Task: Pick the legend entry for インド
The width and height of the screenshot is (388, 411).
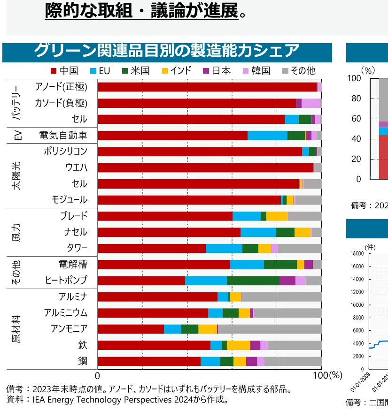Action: pyautogui.click(x=176, y=71)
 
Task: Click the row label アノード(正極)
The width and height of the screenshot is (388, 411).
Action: pyautogui.click(x=61, y=87)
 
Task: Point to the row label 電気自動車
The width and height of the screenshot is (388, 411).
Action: pyautogui.click(x=63, y=135)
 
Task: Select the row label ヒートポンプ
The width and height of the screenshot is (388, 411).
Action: pyautogui.click(x=66, y=280)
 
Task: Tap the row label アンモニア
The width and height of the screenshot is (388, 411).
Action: pyautogui.click(x=69, y=328)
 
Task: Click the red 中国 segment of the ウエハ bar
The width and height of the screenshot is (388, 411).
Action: pyautogui.click(x=205, y=167)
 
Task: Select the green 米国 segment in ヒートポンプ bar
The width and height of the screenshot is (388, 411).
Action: pyautogui.click(x=253, y=281)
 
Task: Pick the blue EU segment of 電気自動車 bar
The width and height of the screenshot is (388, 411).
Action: pyautogui.click(x=267, y=135)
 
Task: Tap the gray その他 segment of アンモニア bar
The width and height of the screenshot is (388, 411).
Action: pyautogui.click(x=270, y=329)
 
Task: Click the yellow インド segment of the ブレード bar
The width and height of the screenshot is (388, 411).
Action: pyautogui.click(x=277, y=216)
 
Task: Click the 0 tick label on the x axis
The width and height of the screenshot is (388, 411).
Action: pyautogui.click(x=98, y=375)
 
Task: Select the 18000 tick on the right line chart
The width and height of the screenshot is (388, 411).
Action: pyautogui.click(x=357, y=253)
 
